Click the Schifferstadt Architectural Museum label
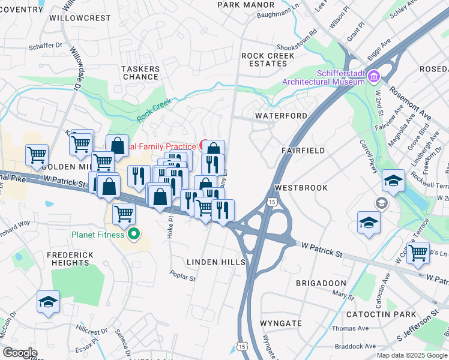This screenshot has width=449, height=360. click(324, 76)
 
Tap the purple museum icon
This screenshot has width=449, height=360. click(374, 76)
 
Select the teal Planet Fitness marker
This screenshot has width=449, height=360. click(134, 234)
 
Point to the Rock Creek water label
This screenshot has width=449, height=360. click(154, 109)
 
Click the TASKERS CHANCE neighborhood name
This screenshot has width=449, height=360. click(140, 73)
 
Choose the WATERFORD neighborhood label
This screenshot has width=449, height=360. click(281, 115)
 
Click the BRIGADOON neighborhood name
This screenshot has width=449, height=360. click(321, 283)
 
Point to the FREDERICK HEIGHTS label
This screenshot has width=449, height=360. click(70, 259)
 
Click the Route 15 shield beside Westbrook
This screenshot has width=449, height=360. click(273, 203)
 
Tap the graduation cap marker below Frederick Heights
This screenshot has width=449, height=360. click(48, 302)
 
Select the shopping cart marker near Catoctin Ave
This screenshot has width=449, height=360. click(418, 252)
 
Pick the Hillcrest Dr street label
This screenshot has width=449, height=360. click(91, 329)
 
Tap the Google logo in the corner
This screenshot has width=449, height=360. click(19, 353)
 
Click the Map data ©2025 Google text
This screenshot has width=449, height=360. click(412, 355)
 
